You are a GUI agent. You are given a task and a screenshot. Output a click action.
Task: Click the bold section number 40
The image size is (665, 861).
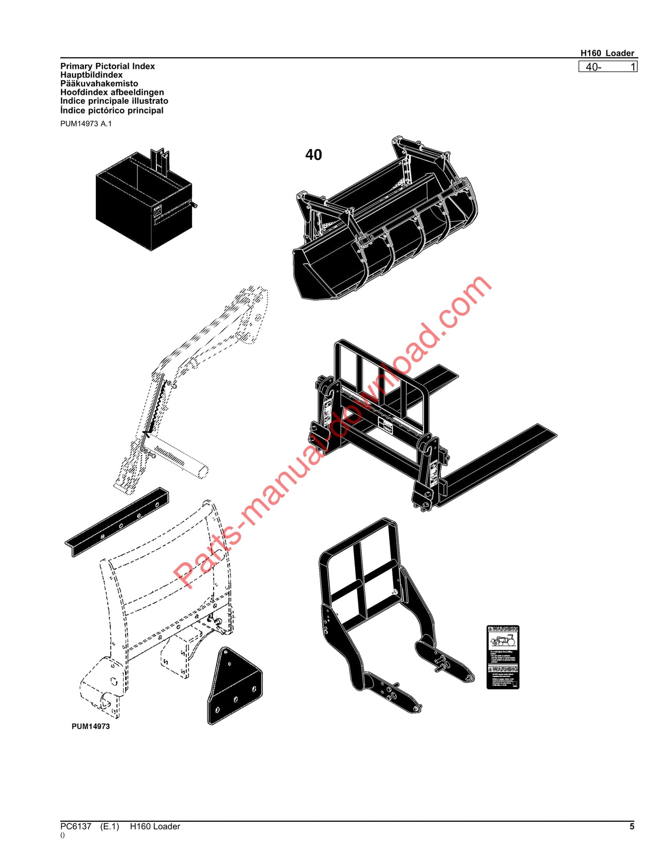(x=313, y=155)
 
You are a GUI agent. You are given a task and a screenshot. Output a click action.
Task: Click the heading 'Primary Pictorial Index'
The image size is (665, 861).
(x=107, y=66)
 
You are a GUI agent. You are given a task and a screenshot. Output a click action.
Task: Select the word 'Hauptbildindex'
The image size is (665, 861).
(x=92, y=75)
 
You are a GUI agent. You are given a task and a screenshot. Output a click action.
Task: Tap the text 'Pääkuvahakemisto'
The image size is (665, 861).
(x=99, y=84)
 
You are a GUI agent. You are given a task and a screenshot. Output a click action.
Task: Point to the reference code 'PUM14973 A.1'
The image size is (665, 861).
(x=86, y=124)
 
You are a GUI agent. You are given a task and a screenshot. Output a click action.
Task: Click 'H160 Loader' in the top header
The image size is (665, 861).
(x=607, y=53)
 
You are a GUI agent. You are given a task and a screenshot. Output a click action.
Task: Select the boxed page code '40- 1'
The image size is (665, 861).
(x=607, y=67)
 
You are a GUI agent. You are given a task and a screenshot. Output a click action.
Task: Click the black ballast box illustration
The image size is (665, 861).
(x=143, y=203)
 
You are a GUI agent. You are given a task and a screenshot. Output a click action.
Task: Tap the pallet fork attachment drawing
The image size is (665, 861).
(x=414, y=428)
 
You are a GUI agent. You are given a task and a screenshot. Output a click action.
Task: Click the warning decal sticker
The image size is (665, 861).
(x=503, y=657)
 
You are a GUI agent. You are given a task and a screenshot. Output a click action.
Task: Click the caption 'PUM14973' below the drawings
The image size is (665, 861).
(x=91, y=727)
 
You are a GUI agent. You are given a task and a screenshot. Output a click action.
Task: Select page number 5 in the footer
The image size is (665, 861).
(x=632, y=826)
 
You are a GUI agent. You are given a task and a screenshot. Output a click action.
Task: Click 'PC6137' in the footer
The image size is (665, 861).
(x=75, y=826)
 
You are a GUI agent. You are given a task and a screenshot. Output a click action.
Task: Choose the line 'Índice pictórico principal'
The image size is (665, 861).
(x=112, y=111)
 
